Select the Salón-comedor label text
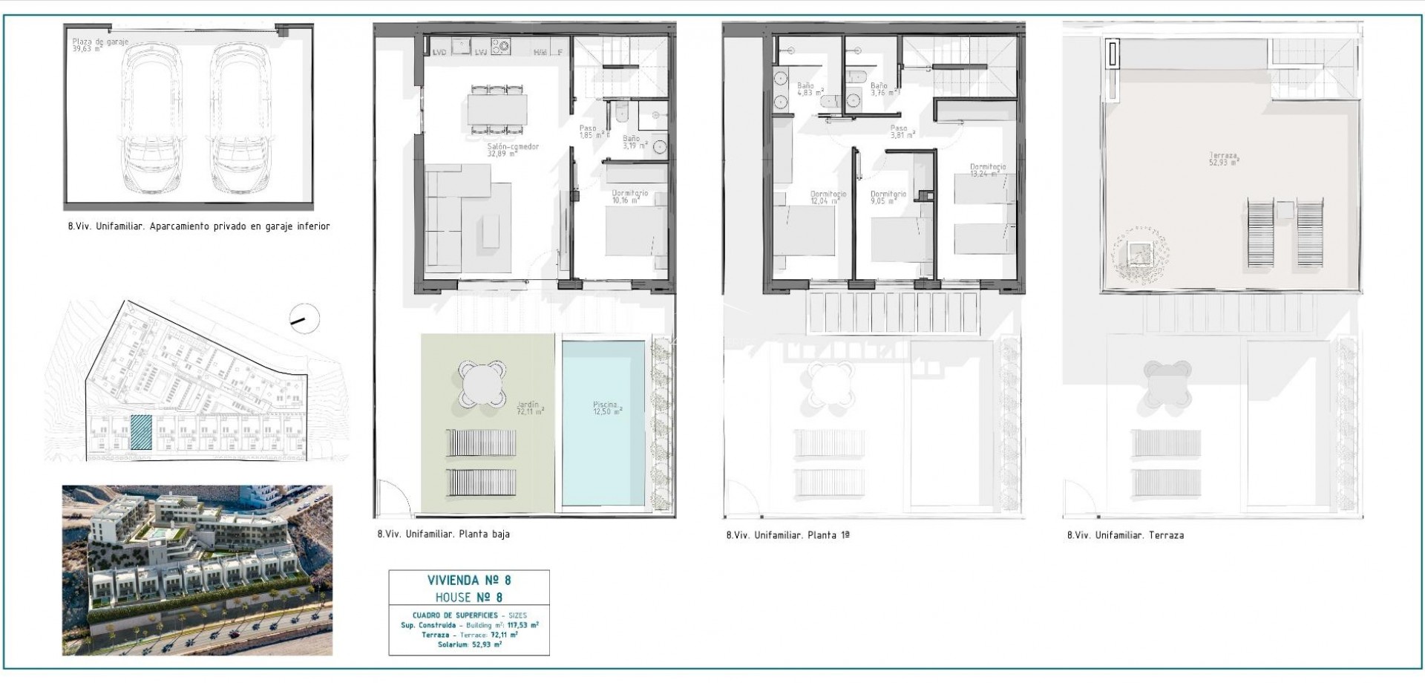pos(513,150)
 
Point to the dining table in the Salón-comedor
pos(497,108)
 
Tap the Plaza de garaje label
pos(99,45)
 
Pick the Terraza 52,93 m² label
pos(1223,158)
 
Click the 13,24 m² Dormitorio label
pos(987,171)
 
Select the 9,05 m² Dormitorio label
pos(888,197)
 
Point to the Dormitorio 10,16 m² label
pos(629,197)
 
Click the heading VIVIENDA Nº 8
pos(469,581)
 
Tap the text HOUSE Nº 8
pos(469,598)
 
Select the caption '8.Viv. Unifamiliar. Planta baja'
pos(443,534)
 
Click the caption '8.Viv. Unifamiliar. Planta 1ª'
pos(787,535)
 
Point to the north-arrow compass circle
pos(303,320)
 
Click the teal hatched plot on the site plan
pos(141,433)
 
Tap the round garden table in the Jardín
pos(482,383)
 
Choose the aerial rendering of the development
pos(197,570)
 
